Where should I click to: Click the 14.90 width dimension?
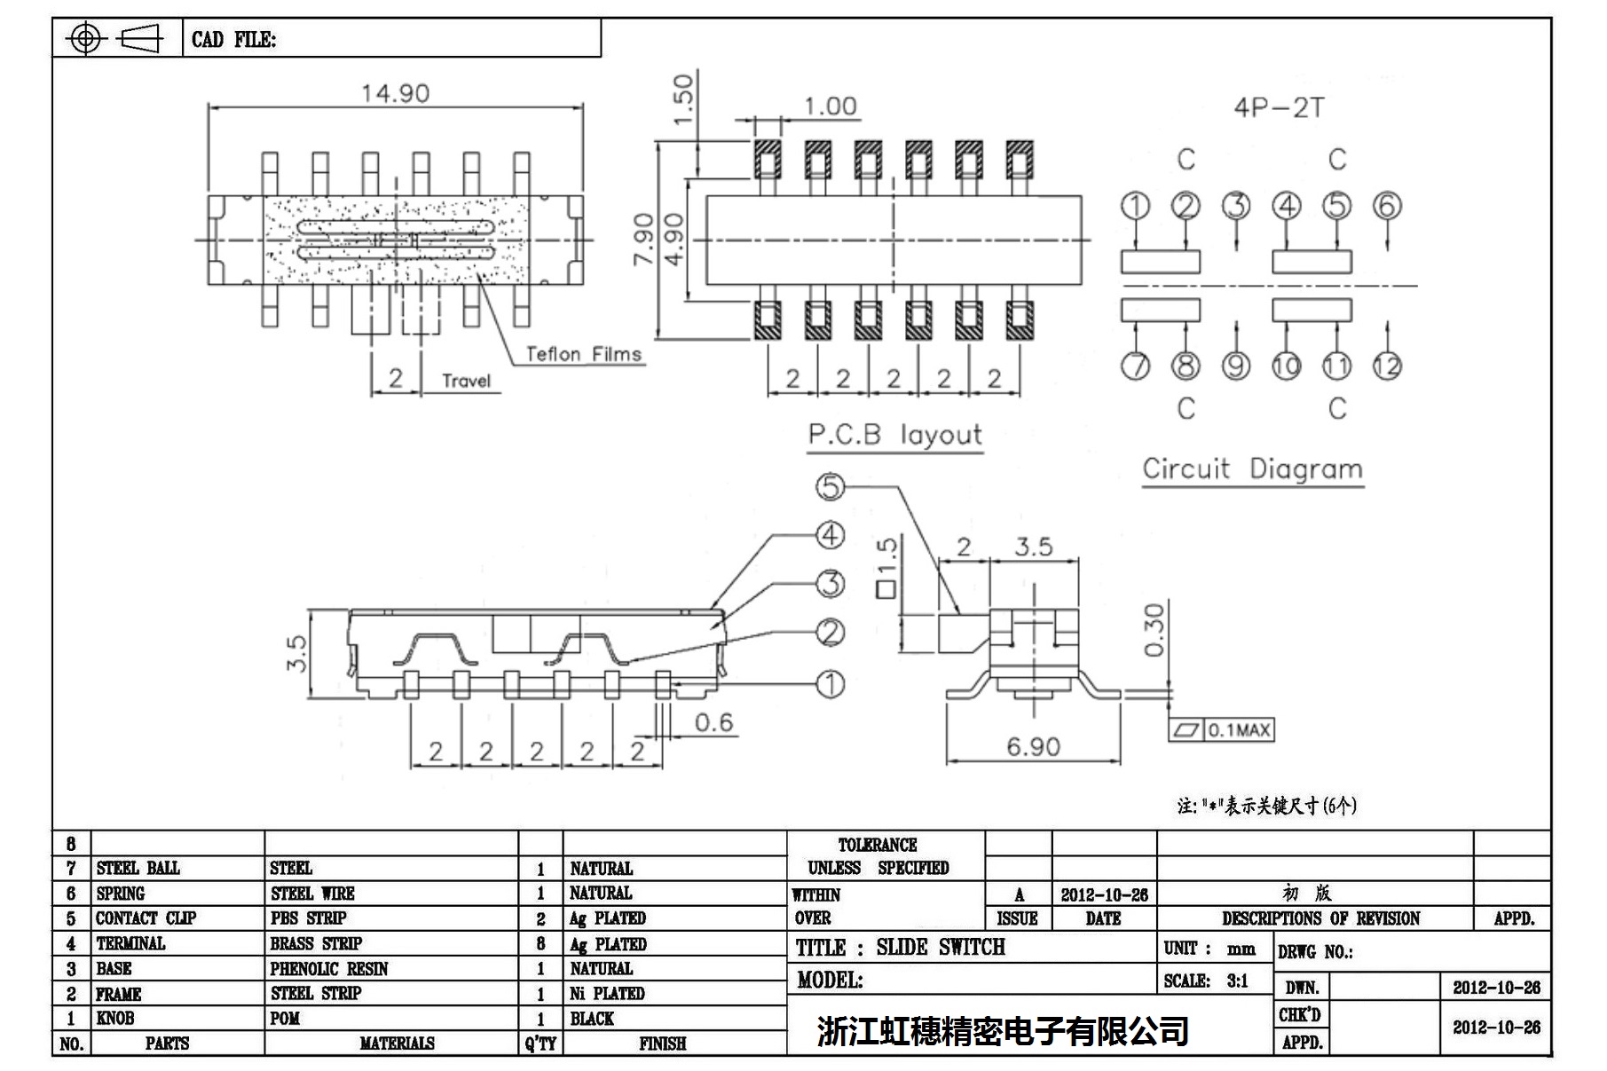[395, 93]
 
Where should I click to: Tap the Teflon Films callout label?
[583, 354]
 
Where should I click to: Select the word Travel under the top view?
[466, 381]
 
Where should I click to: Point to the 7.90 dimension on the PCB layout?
[645, 239]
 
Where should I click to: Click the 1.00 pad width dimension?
[830, 106]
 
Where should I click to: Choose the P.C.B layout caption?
[894, 435]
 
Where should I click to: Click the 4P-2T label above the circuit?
[1279, 108]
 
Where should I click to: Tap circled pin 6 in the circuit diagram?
[1387, 206]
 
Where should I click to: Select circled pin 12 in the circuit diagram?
[1387, 366]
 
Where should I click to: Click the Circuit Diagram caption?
[1252, 469]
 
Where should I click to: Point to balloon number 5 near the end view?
[830, 486]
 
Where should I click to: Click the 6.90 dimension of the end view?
[1033, 746]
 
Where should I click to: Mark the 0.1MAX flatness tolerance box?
[1222, 730]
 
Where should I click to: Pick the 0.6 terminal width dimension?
[713, 722]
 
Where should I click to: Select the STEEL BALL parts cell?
[138, 868]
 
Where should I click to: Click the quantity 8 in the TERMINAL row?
[540, 944]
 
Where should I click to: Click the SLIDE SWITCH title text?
[940, 948]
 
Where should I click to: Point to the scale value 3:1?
[1237, 980]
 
